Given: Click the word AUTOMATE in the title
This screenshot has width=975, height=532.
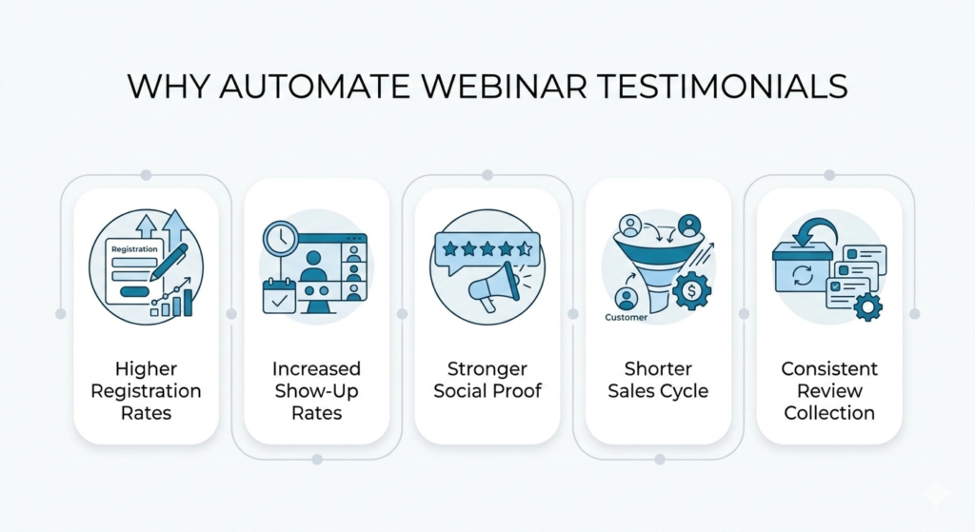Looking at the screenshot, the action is [314, 86].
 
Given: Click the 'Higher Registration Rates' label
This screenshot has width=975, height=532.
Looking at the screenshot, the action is [146, 391].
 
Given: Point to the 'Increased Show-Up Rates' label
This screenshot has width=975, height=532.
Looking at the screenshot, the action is [316, 391].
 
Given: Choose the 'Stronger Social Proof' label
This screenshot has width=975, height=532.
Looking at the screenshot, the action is [487, 380].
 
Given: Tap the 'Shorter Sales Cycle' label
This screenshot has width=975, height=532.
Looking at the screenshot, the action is [658, 380].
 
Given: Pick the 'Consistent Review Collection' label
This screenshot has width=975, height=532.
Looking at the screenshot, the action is [829, 391].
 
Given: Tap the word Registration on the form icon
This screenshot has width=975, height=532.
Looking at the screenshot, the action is [134, 249].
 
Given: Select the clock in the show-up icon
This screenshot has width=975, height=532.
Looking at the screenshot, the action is [281, 238].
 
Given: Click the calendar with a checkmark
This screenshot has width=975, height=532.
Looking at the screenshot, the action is [279, 296].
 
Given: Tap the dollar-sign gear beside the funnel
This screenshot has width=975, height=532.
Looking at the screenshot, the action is [691, 290].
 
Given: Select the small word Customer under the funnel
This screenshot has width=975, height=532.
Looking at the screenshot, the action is [627, 318].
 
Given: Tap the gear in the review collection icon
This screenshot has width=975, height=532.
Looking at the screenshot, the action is [867, 306].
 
